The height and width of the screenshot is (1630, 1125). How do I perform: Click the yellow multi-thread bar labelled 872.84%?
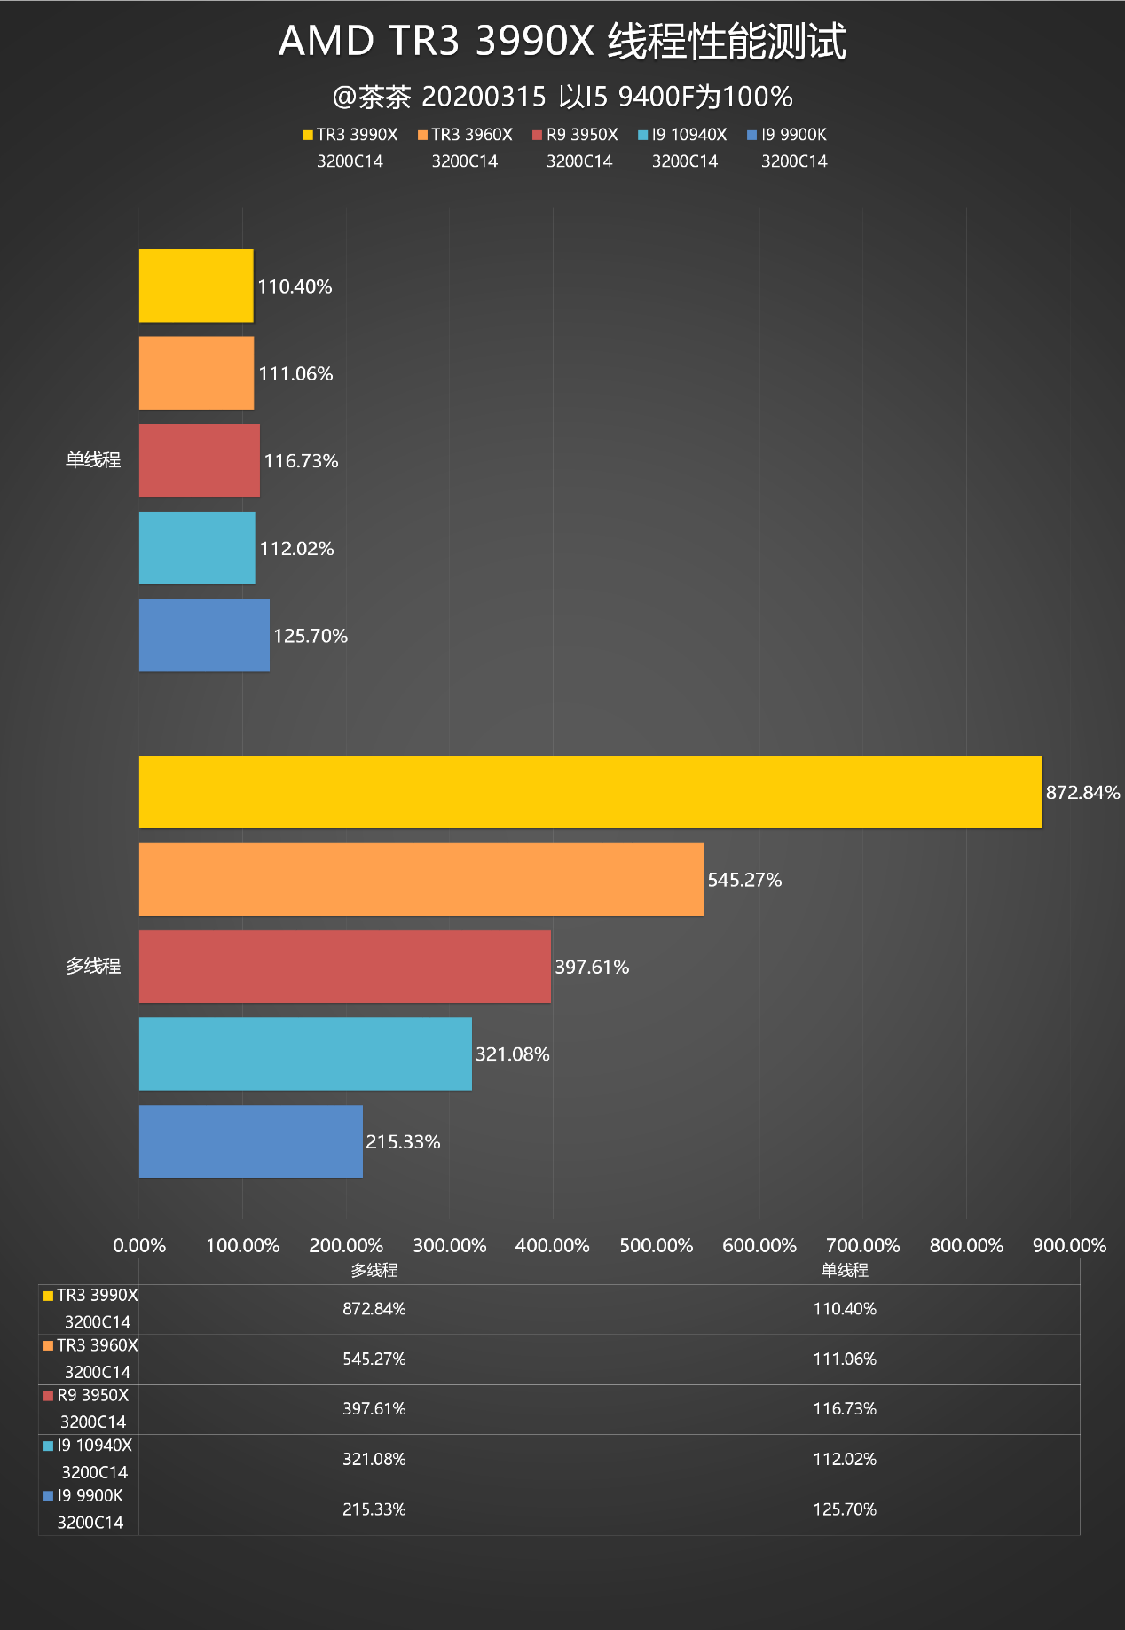coord(590,792)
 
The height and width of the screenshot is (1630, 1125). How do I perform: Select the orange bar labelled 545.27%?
coord(421,880)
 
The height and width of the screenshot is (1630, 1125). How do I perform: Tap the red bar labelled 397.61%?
coord(344,967)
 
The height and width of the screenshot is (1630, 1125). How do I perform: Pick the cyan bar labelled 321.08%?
coord(305,1054)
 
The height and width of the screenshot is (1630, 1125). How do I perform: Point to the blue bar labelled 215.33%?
coord(250,1141)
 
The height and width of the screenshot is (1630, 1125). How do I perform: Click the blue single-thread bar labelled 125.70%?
coord(204,635)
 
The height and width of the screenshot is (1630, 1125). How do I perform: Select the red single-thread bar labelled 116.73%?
coord(199,460)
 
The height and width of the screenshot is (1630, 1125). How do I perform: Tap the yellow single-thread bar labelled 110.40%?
coord(196,286)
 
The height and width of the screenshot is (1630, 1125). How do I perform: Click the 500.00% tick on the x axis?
coord(656,1245)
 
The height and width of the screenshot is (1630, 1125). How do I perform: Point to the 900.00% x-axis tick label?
coord(1069,1245)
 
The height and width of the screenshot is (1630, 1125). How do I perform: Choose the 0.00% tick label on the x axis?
coord(139,1245)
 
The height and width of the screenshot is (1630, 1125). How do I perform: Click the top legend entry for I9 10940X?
coord(683,135)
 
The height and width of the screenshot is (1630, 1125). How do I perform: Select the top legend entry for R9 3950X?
coord(576,135)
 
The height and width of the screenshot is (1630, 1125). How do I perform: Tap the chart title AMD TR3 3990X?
coord(562,41)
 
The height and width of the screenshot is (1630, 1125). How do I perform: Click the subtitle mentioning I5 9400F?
coord(562,97)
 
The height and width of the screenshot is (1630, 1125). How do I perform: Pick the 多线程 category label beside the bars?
coord(93,966)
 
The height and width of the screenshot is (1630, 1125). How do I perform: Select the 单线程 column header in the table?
coord(845,1270)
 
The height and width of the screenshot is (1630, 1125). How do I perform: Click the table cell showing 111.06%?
coord(845,1359)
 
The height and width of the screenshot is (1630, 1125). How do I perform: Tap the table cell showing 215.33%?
coord(374,1509)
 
